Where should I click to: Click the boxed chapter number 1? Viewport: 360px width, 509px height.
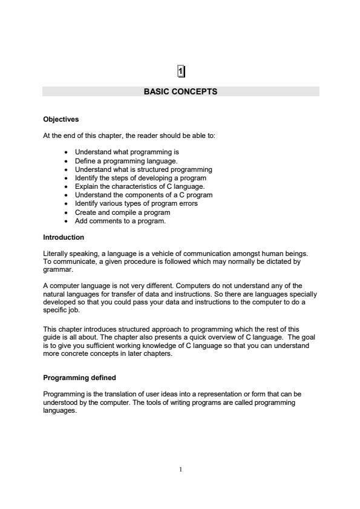pyautogui.click(x=180, y=71)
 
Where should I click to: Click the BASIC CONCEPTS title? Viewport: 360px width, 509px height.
pyautogui.click(x=180, y=92)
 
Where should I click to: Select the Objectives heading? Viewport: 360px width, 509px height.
pyautogui.click(x=61, y=119)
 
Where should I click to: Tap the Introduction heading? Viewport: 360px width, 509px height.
pyautogui.click(x=64, y=237)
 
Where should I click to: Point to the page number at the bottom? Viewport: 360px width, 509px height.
pyautogui.click(x=180, y=468)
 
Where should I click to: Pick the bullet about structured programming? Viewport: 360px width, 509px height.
pyautogui.click(x=143, y=169)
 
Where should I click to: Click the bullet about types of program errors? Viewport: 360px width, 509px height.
pyautogui.click(x=136, y=203)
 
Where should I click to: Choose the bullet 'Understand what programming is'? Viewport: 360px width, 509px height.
pyautogui.click(x=126, y=152)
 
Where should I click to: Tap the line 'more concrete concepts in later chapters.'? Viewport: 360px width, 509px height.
pyautogui.click(x=108, y=354)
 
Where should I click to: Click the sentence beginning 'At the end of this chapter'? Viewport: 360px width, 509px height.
pyautogui.click(x=129, y=136)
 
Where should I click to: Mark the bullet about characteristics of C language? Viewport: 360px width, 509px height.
pyautogui.click(x=140, y=186)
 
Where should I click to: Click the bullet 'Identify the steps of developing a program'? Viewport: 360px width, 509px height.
pyautogui.click(x=140, y=178)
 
